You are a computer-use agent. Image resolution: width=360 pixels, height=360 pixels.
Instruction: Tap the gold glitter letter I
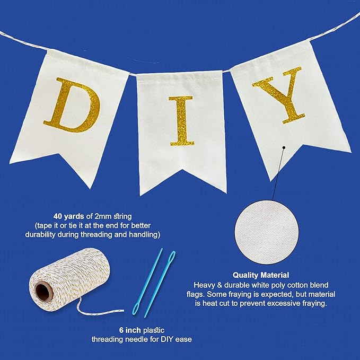coord(182,121)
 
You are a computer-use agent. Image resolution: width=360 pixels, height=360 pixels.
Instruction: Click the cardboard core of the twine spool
coord(43,292)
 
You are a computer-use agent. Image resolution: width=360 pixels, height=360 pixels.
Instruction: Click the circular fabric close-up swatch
coord(267,232)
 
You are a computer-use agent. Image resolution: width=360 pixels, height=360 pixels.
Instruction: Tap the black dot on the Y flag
coord(284,147)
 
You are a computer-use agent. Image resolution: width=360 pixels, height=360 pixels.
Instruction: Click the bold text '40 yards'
coord(68,216)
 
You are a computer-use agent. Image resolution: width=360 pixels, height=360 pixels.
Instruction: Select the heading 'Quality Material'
coord(261,275)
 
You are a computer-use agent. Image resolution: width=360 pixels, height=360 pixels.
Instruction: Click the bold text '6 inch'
coord(130,330)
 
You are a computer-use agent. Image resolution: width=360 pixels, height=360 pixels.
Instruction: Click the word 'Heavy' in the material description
coord(204,285)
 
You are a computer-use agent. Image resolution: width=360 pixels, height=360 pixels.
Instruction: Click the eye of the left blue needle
coord(136,309)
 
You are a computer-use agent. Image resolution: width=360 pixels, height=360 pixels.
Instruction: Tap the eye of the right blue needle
coord(172,256)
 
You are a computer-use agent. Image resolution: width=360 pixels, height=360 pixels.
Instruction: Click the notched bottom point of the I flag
coord(182,170)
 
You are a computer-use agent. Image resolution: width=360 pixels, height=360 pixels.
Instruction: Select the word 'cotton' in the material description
coord(298,285)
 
